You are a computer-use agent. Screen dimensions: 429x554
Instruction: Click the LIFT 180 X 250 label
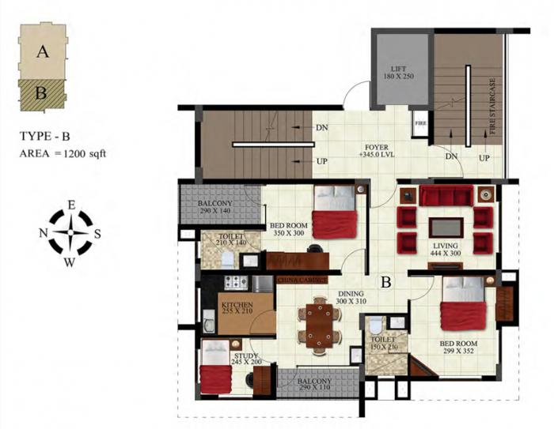pos(398,73)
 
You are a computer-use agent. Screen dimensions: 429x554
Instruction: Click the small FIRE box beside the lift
pos(419,123)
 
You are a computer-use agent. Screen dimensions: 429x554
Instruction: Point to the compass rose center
pos(70,234)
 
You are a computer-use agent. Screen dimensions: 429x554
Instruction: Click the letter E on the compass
pos(70,205)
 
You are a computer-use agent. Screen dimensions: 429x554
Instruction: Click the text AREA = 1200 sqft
pos(63,153)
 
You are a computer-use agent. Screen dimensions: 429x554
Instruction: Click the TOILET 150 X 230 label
pos(382,343)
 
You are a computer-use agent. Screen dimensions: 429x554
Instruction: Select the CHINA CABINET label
pos(302,280)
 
